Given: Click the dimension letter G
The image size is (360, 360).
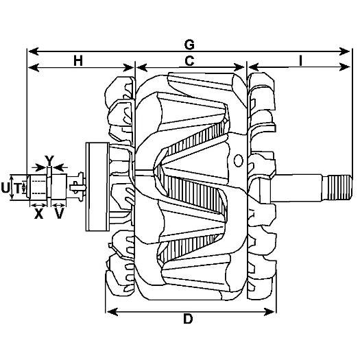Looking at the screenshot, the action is (189, 45).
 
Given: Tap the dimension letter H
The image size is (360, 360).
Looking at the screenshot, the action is (78, 61).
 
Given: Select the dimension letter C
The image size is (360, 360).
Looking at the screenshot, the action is (189, 61).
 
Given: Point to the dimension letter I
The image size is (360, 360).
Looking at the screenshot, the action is (300, 61).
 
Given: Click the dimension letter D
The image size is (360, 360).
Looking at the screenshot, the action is (188, 319).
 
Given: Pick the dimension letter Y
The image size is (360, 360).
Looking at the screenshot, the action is (49, 160).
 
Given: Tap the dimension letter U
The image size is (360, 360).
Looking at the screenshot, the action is (5, 188).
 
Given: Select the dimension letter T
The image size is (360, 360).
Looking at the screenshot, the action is (17, 188).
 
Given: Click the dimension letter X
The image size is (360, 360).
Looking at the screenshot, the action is (38, 214).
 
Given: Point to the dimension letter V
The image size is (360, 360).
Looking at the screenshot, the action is (59, 214).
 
